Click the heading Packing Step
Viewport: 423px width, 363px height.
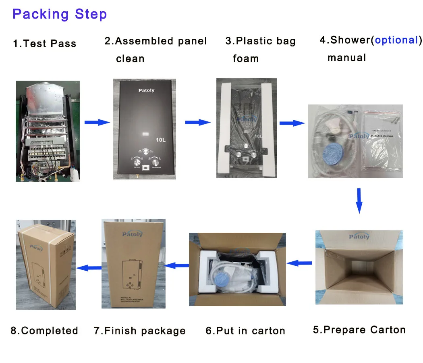pyautogui.click(x=60, y=15)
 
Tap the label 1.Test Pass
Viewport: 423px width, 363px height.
pyautogui.click(x=44, y=44)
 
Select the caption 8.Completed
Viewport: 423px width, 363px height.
pyautogui.click(x=44, y=331)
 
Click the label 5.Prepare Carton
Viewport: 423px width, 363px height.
pyautogui.click(x=359, y=330)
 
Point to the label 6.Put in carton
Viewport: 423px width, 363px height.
pyautogui.click(x=245, y=331)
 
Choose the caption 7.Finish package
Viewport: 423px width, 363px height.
pyautogui.click(x=140, y=331)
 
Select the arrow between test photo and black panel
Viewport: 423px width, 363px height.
pyautogui.click(x=97, y=122)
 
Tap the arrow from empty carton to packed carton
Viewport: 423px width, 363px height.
pyautogui.click(x=299, y=263)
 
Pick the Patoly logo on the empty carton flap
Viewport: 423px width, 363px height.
pyautogui.click(x=359, y=236)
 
